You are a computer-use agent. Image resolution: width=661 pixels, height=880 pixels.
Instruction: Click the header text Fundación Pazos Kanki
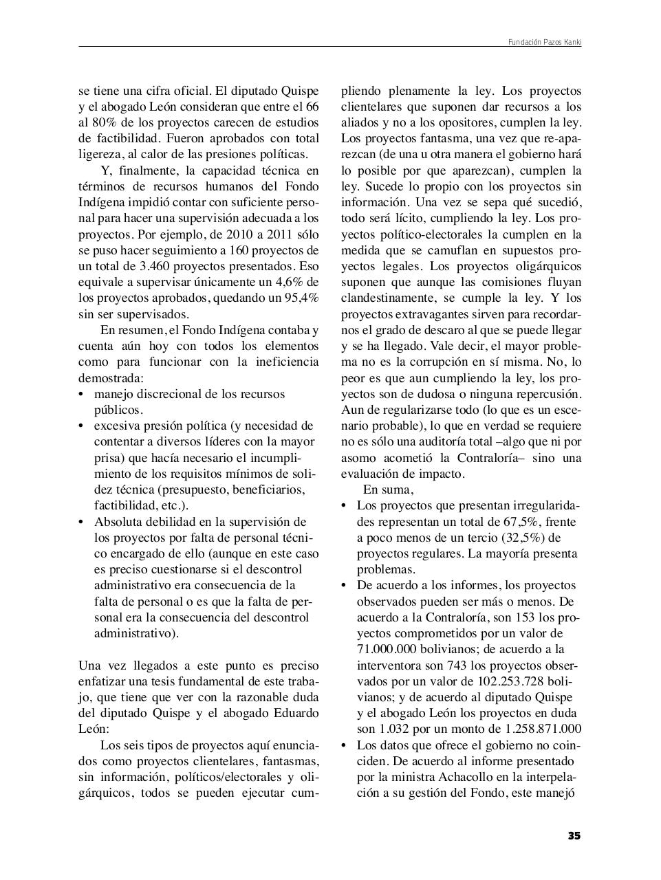pos(545,43)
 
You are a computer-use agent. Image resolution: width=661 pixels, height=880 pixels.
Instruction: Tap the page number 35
pos(574,836)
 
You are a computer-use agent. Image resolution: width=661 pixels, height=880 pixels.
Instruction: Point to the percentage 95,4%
pos(302,298)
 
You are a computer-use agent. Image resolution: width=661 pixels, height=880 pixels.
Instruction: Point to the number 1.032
pos(395,729)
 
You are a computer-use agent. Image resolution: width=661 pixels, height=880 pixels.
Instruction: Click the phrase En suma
pos(388,490)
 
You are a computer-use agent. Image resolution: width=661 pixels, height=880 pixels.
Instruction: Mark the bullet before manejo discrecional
pos(82,395)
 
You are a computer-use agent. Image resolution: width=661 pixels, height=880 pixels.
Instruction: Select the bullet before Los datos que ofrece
pos(345,746)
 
